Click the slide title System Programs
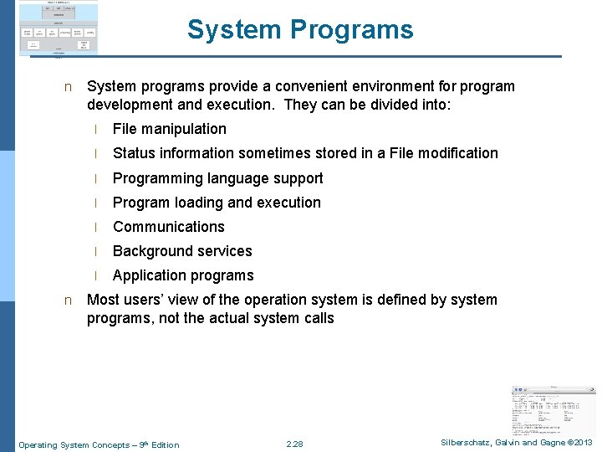[300, 30]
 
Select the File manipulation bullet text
[170, 129]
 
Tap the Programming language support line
[217, 178]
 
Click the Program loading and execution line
[217, 203]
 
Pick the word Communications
[169, 227]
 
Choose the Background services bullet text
[182, 251]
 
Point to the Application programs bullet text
[183, 275]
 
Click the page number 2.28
[294, 444]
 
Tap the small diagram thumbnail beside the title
[59, 28]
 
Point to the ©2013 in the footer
[577, 443]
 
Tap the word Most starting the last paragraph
[103, 300]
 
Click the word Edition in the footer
[164, 444]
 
